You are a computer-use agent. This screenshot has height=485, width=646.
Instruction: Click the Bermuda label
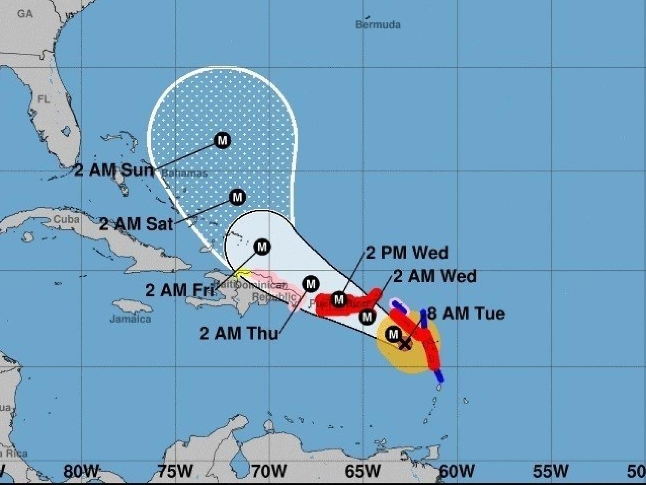(378, 25)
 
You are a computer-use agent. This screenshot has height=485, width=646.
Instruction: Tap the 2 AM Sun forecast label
(114, 171)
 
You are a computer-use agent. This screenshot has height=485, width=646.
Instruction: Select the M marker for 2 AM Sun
(222, 140)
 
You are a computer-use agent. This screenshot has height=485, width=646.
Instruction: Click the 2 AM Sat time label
(136, 224)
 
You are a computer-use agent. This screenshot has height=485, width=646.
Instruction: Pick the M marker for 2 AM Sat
(237, 197)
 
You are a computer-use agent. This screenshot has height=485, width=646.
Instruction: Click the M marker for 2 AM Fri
(262, 247)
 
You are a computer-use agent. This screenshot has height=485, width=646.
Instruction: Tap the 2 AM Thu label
(239, 333)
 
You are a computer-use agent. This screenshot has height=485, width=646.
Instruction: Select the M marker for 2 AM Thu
(311, 284)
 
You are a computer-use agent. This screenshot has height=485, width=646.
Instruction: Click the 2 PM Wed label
(407, 253)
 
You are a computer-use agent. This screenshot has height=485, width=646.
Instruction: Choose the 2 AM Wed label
(435, 276)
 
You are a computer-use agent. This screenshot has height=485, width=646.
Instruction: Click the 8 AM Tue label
(466, 314)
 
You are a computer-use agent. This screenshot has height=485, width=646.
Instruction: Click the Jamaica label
(130, 319)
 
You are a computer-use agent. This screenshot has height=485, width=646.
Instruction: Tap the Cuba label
(67, 219)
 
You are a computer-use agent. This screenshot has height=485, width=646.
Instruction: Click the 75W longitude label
(175, 471)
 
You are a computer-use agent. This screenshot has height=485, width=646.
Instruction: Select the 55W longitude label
(551, 471)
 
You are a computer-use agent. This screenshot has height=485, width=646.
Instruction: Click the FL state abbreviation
(44, 99)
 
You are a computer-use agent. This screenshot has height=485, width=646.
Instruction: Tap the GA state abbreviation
(25, 14)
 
